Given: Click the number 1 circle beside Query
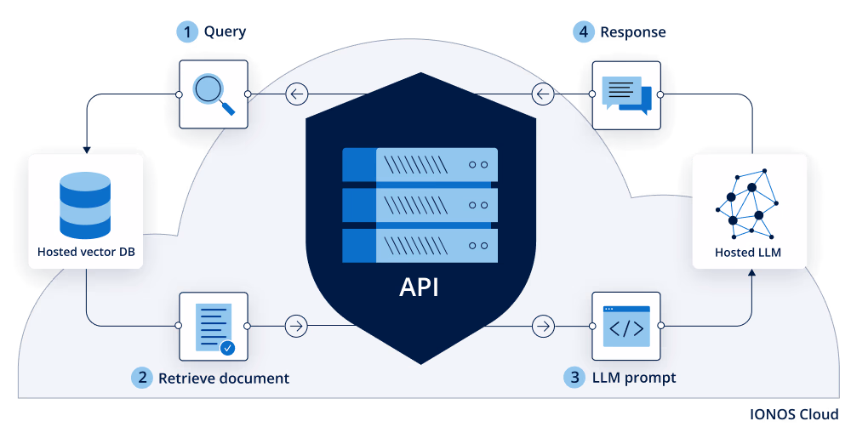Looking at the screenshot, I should [186, 32].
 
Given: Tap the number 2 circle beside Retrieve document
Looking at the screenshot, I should [141, 377].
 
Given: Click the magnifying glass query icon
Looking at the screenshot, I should [213, 94].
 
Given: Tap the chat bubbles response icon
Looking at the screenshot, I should [626, 94].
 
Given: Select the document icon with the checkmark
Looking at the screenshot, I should [213, 326].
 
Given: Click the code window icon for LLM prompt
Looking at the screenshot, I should [626, 326].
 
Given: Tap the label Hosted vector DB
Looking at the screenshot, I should [86, 252].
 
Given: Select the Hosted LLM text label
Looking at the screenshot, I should [748, 253].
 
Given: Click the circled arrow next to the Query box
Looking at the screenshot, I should [296, 94].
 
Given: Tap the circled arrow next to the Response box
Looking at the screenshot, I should [542, 94].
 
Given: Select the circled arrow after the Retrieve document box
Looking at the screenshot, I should [296, 326].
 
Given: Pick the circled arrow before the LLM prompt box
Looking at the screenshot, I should [542, 326].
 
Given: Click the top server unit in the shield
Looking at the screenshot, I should [420, 164].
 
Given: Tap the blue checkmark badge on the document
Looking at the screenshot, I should [227, 347].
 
